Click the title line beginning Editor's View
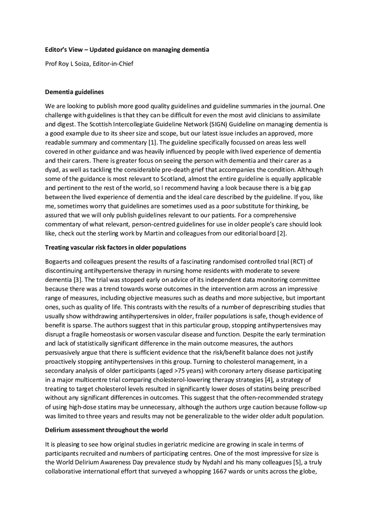tap(127, 50)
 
